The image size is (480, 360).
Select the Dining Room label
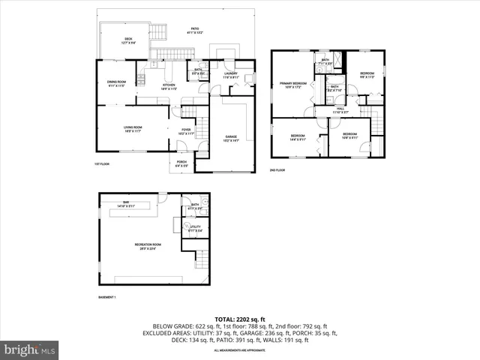click(x=116, y=82)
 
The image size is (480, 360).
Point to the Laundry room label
click(x=230, y=74)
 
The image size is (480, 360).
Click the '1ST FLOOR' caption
click(x=102, y=164)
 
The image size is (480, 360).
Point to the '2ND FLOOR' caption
click(x=277, y=170)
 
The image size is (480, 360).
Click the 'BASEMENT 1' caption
click(x=107, y=298)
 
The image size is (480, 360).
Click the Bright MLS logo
click(x=30, y=349)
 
